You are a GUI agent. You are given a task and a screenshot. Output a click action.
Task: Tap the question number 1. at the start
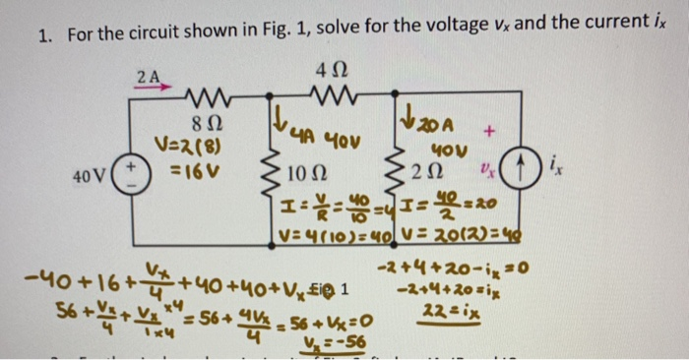pyautogui.click(x=44, y=37)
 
